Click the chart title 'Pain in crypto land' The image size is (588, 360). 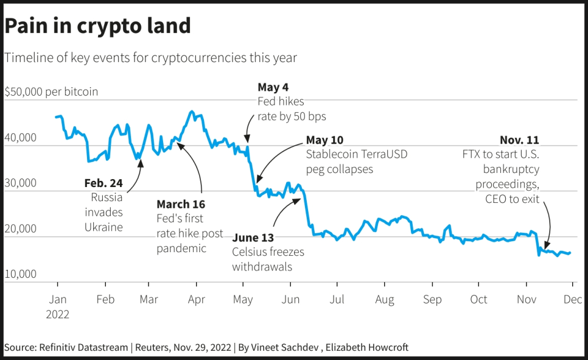97,26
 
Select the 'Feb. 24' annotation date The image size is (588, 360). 103,183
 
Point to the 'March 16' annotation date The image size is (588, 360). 181,204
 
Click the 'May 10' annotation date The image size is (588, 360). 324,140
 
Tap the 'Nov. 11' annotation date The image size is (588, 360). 519,140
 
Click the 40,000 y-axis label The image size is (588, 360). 20,138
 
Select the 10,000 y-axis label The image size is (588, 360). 20,275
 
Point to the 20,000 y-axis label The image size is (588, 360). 20,229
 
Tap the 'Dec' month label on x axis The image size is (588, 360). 572,299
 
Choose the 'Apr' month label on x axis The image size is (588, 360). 196,299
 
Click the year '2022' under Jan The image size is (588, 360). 57,314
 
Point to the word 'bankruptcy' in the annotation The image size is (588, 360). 511,169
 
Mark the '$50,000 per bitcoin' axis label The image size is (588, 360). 51,92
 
